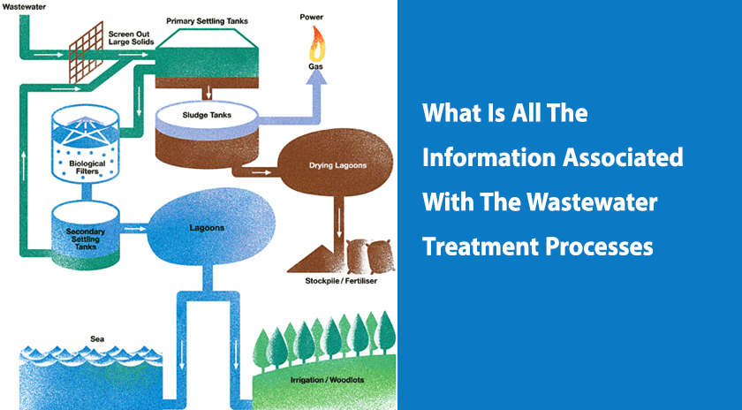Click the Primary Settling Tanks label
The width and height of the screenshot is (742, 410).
204,19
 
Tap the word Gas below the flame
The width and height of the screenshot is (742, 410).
315,66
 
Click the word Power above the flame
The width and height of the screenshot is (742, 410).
311,17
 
